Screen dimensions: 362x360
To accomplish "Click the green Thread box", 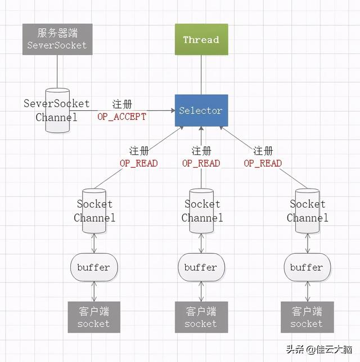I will coord(201,39).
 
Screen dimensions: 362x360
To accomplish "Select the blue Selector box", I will coord(201,110).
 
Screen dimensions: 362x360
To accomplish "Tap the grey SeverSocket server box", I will coord(57,39).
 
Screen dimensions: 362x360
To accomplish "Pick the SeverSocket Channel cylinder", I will coord(57,110).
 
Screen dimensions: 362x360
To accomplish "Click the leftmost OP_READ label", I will coord(138,163).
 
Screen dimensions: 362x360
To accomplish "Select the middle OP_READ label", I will coord(201,163).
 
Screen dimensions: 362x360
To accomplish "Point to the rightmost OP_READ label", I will coord(263,163).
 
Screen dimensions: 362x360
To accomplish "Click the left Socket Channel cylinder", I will coord(94,211).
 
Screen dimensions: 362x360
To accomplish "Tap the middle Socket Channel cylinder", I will coord(201,211).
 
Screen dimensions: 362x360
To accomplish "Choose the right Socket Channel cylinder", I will coord(307,211).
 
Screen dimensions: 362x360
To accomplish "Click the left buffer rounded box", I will coord(94,267).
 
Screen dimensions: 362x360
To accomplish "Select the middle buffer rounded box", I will coord(201,267).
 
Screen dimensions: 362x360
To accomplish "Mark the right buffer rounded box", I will coord(307,267).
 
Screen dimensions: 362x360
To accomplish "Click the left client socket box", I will coord(94,317).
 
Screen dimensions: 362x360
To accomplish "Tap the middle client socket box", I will coord(201,317).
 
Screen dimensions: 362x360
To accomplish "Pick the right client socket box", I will coord(307,317).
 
